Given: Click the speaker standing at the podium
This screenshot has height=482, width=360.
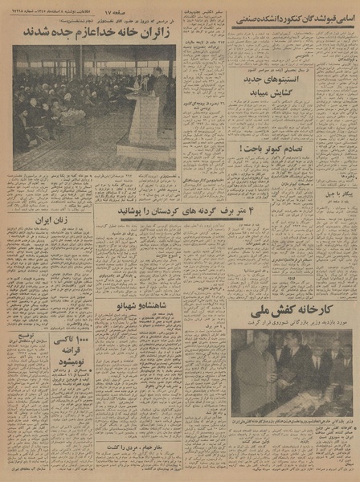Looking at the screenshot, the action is point(159,84).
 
